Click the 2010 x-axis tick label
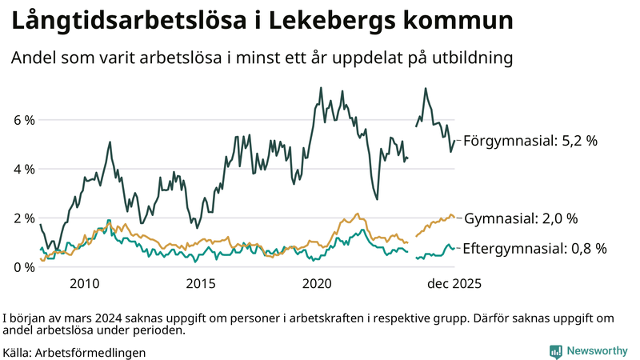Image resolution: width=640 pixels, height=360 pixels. coord(84,283)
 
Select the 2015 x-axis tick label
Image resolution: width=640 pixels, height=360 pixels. coord(201,283)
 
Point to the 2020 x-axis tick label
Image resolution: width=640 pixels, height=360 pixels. coord(318,283)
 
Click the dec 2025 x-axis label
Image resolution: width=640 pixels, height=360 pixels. coord(454,283)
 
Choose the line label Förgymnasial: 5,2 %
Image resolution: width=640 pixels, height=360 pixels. coord(530,140)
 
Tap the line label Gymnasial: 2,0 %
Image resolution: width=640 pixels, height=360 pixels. coord(521,218)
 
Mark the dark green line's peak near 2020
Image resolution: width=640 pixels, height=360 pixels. coord(321,88)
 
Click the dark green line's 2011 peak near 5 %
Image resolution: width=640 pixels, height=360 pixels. coord(109,142)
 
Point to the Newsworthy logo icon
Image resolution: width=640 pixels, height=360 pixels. coord(555,350)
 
